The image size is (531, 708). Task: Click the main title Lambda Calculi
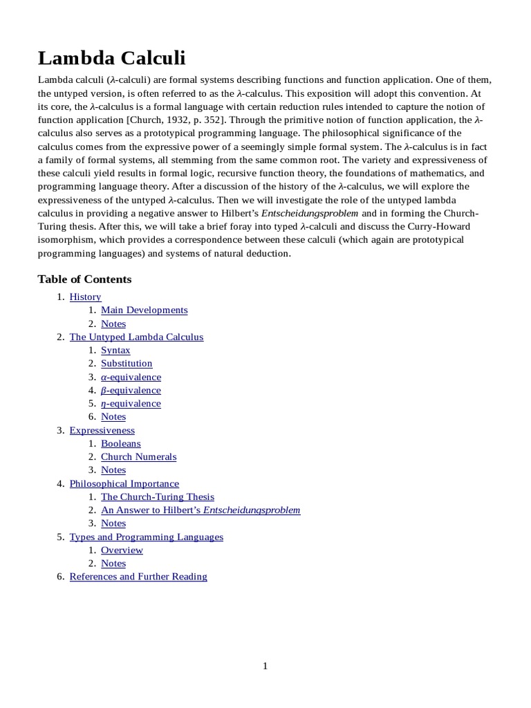(x=111, y=58)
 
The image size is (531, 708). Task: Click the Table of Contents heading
(x=84, y=279)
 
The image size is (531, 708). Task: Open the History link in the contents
(x=85, y=297)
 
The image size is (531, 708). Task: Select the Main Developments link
(x=144, y=310)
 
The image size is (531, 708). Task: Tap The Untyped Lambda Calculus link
(x=136, y=337)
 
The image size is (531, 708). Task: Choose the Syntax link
(x=115, y=351)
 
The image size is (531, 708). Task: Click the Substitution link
(x=127, y=364)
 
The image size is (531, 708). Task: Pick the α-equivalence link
(x=131, y=378)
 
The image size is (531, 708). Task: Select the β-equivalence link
(x=131, y=391)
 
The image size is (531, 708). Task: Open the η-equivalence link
(x=131, y=404)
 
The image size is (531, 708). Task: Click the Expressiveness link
(x=102, y=431)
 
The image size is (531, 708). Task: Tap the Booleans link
(x=120, y=444)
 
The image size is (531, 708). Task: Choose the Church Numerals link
(x=138, y=457)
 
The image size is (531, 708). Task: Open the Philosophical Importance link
(x=124, y=484)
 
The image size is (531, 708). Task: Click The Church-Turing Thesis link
(x=158, y=497)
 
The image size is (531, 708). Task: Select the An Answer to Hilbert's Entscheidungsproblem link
(x=201, y=510)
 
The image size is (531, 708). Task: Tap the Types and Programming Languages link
(x=146, y=537)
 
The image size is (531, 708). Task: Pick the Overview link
(x=122, y=550)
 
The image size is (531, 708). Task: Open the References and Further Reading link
(x=138, y=577)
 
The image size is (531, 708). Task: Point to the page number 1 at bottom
(x=265, y=667)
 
